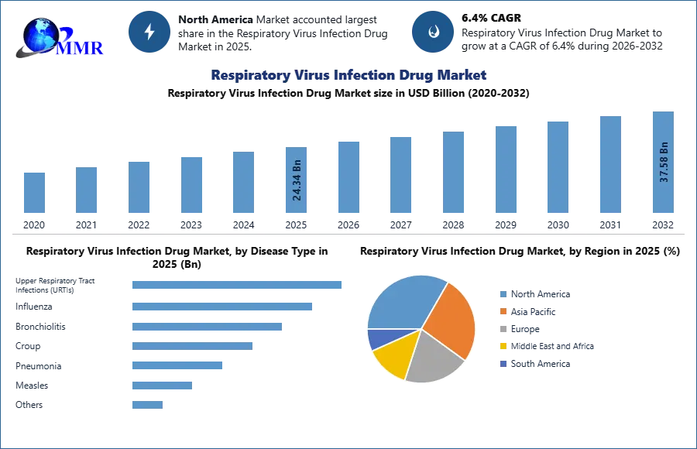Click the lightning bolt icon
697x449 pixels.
coord(149,32)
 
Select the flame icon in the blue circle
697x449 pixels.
coord(432,32)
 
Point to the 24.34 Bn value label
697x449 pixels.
coord(297,180)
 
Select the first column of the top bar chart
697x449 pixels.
coord(33,192)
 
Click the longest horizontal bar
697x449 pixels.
coord(238,285)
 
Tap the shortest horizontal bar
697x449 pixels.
coord(148,403)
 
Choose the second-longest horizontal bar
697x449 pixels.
coord(222,307)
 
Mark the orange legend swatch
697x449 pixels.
coord(502,311)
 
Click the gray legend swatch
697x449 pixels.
coord(502,329)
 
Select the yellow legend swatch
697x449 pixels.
coord(502,347)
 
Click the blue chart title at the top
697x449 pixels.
coord(349,75)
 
